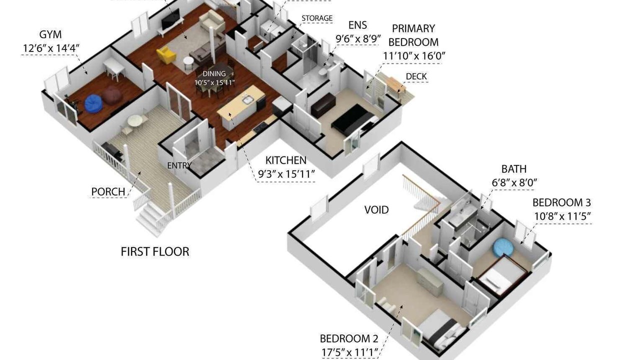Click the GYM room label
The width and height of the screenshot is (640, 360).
coord(50,34)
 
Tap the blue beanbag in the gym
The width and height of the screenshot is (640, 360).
coord(93,103)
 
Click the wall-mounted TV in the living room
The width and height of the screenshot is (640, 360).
coord(170,19)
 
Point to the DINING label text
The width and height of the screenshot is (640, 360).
coord(214,73)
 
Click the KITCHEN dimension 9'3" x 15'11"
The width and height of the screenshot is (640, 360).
coord(286,174)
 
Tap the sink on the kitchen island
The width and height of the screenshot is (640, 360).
coord(248,100)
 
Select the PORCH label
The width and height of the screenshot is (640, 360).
coord(108,191)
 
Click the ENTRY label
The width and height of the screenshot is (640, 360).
coord(179,165)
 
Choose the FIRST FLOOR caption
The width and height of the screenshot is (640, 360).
coord(155,251)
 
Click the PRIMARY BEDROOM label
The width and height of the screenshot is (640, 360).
coord(413,35)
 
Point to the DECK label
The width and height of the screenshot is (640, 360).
coord(416,76)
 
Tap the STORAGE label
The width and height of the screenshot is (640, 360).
coord(317,18)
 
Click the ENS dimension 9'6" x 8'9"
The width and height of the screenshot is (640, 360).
coord(358,39)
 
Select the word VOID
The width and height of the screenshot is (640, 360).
coord(376,210)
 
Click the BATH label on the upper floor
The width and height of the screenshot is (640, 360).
coord(514,169)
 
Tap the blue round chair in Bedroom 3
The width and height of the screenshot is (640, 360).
coord(503,246)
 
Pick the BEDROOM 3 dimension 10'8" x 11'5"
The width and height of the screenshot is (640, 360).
coord(562,216)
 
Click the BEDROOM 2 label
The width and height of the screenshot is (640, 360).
coord(349,339)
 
